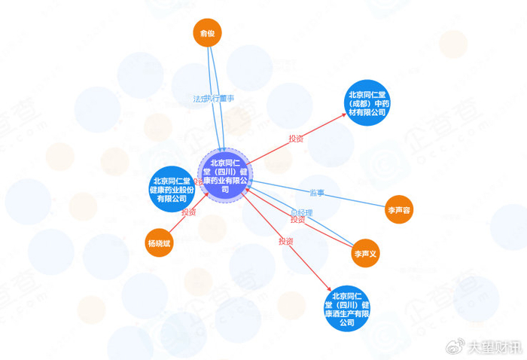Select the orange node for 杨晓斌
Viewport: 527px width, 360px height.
tap(159, 243)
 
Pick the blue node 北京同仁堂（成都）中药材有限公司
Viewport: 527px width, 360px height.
tap(367, 102)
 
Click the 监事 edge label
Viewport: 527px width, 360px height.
tap(316, 194)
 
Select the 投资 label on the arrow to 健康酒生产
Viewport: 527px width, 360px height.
tap(285, 242)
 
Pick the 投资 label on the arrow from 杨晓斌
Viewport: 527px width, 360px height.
tap(187, 213)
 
